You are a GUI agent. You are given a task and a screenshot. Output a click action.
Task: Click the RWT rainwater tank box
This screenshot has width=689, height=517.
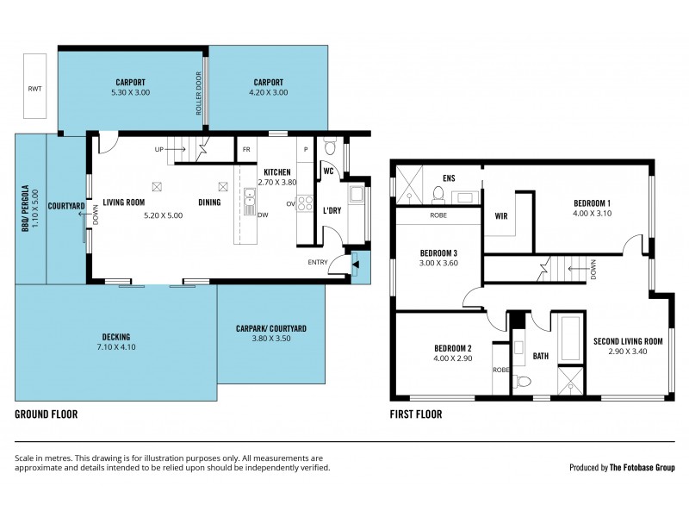point(35,87)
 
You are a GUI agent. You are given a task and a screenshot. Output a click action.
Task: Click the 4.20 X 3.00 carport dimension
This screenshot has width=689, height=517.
point(268,92)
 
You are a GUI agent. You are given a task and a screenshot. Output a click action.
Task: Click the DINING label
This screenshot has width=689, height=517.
point(209,202)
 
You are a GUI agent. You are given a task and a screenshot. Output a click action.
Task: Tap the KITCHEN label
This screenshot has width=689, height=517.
point(276,171)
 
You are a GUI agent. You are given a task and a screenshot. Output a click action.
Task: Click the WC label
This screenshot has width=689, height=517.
point(328,171)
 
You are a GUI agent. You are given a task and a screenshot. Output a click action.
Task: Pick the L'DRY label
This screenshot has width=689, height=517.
point(332,210)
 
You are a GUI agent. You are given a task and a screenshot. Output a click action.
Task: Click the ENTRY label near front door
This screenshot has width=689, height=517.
point(318,262)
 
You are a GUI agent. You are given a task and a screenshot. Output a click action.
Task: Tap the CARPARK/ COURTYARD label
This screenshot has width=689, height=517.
point(271,328)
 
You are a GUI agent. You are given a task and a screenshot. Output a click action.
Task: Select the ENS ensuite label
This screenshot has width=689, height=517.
point(448,179)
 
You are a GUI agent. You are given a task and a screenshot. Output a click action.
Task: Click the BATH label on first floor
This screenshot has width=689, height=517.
point(540,354)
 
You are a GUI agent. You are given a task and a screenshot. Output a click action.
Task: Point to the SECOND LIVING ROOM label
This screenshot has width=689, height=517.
point(628,341)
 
